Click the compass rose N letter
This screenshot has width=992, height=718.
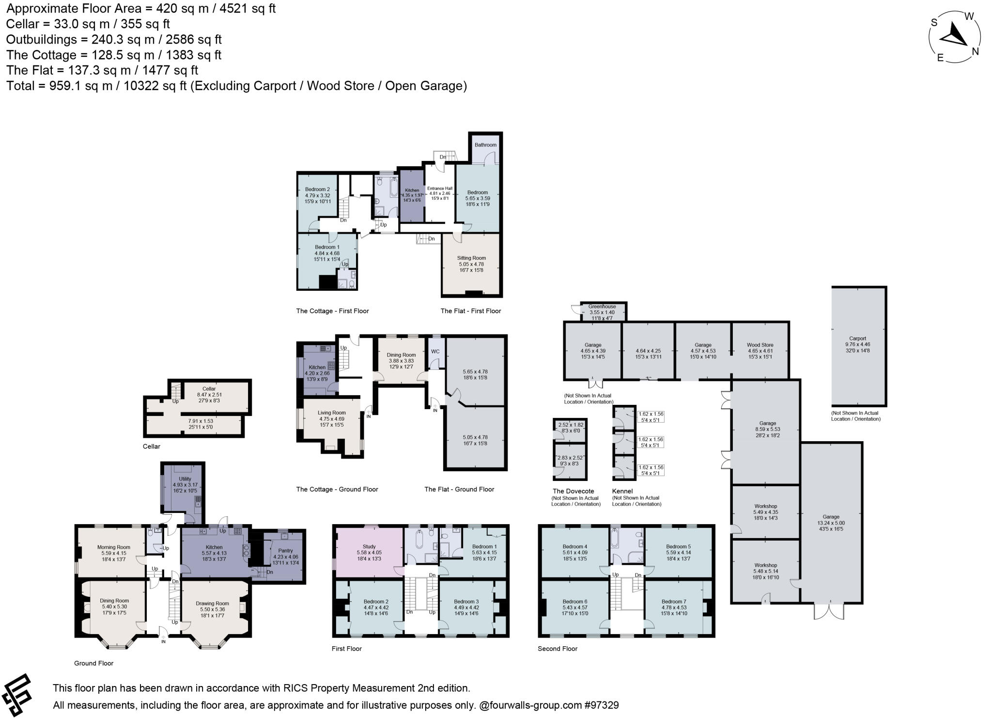point(976,51)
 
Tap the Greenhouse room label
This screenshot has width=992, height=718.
point(602,306)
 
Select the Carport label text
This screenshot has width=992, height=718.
point(857,338)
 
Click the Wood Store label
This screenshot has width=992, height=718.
point(760,345)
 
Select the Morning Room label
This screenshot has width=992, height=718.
point(114,547)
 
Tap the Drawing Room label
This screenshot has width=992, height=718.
point(212,604)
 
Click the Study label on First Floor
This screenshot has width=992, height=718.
point(369,546)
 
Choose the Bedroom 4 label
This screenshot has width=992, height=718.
point(575,546)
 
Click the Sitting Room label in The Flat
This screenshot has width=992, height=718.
point(471,258)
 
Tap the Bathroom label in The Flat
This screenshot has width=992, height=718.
point(485,145)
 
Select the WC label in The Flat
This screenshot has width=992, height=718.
point(435,351)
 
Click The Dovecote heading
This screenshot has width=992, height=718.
point(573,491)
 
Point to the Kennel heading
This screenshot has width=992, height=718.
point(622,491)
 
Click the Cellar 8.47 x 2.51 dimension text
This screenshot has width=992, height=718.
point(209,395)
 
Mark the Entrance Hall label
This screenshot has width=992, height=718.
point(440,189)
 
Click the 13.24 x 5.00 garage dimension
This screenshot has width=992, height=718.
point(831,523)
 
